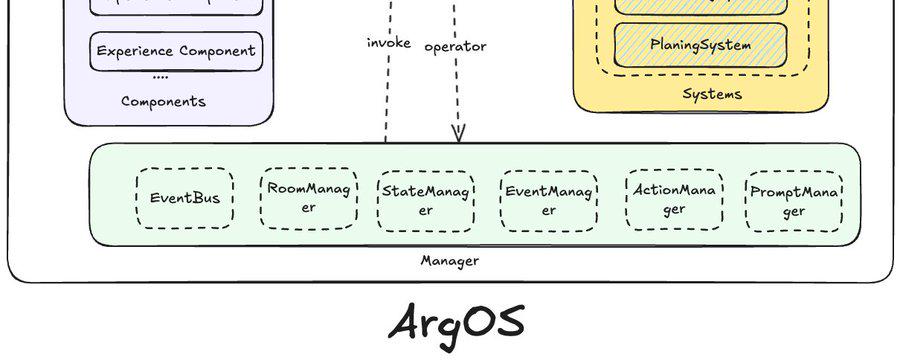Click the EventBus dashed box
point(185,198)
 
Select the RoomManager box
point(309,198)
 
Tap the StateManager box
point(426,200)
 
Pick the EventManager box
point(549,200)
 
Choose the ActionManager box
point(673,199)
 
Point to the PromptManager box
point(794,201)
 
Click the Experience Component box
point(176,51)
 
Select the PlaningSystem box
point(700,45)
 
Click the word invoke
point(389,42)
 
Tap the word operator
point(455,46)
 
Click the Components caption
point(163,101)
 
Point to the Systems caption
point(712,94)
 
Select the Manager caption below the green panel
point(449,261)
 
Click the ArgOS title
point(455,321)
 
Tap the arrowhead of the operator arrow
point(459,133)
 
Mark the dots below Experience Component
point(160,77)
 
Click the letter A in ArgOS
point(408,321)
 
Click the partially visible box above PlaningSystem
point(700,5)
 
